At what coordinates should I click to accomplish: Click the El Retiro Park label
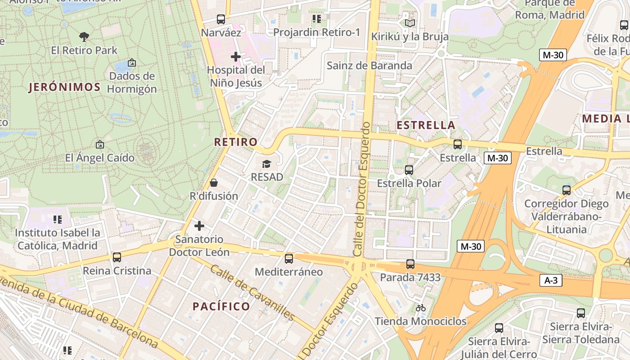coord(84,50)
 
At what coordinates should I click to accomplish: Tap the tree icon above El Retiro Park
coord(84,36)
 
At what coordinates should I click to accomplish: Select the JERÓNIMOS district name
coord(65,87)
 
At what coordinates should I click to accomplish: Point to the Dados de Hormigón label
coord(132,82)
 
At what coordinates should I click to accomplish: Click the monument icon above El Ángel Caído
coord(99,144)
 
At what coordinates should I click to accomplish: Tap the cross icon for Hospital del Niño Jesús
coord(235,57)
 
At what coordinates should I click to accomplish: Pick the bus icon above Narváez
coord(220,19)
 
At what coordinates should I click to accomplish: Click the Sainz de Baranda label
coord(369,66)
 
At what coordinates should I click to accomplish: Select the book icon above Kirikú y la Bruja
coord(409,23)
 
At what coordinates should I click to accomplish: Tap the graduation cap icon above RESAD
coord(267,164)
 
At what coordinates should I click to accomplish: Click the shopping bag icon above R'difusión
coord(214,183)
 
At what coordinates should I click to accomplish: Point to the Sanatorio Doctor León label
coord(199,246)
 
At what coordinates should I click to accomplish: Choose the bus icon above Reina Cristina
coord(117,257)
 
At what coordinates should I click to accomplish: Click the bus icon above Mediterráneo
coord(289,259)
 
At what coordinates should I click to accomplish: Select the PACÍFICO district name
coord(221,306)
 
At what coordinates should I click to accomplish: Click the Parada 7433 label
coord(410,278)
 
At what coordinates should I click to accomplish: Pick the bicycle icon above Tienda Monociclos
coord(421,308)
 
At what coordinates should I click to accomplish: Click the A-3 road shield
coord(551,280)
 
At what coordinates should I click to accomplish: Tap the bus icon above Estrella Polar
coord(409,170)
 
